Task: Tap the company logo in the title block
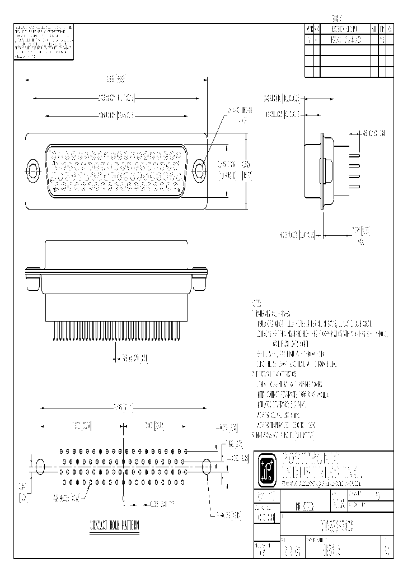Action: [x=265, y=467]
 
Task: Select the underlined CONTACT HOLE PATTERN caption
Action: [x=114, y=526]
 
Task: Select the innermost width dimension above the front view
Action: [x=116, y=116]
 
